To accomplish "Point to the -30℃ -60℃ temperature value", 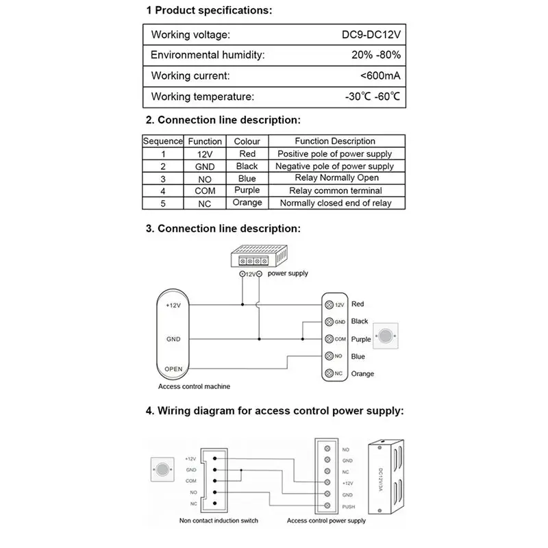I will (373, 97).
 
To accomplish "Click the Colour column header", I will (247, 141).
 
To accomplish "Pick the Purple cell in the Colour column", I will (247, 190).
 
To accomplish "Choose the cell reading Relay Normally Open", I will (335, 178).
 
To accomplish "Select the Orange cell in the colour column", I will (247, 203).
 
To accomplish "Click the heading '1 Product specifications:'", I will (209, 12).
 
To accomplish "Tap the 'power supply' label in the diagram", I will (288, 273).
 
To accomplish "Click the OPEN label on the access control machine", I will (173, 369).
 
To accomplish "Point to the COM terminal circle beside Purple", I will (329, 339).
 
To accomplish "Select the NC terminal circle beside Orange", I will (329, 373).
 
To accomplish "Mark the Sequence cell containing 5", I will (163, 203).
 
